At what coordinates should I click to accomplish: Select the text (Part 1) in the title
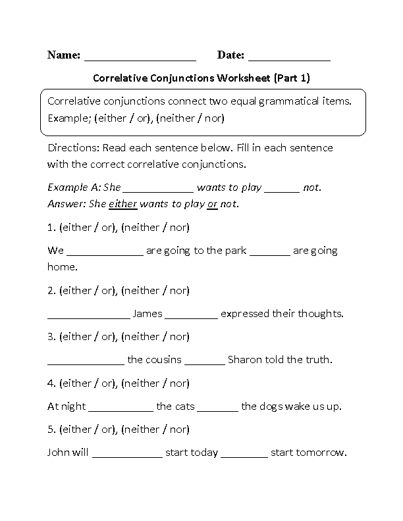[x=292, y=78]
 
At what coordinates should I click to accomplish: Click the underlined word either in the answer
[x=122, y=204]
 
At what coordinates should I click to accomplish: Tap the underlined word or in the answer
[x=212, y=204]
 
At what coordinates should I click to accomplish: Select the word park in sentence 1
[x=235, y=251]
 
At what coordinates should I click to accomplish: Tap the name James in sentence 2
[x=147, y=314]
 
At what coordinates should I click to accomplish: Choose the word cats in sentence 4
[x=184, y=407]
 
